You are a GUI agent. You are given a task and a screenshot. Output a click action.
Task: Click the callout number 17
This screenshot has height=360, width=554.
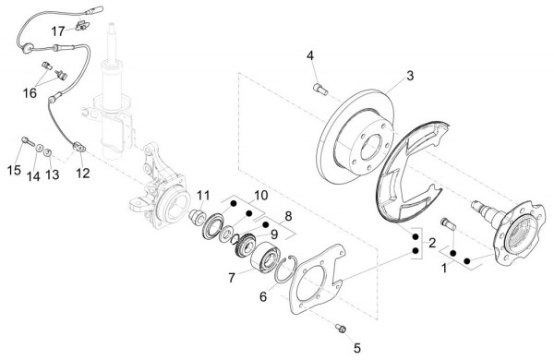58,31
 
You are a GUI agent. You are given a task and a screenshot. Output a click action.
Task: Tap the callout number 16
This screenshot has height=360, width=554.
30,93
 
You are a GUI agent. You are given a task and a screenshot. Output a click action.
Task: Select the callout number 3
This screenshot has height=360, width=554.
410,76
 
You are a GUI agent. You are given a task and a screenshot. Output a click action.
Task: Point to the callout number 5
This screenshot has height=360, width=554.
357,348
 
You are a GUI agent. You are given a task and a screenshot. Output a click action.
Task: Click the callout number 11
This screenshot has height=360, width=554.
203,195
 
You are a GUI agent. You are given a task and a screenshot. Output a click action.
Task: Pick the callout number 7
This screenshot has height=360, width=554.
232,278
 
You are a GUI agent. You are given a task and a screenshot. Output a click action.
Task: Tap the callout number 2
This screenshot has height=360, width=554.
432,243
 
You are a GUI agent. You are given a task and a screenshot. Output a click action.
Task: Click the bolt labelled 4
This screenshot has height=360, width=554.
320,89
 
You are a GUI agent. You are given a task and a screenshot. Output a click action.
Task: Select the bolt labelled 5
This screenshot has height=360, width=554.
341,329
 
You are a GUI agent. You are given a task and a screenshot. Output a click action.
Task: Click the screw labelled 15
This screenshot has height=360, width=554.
28,141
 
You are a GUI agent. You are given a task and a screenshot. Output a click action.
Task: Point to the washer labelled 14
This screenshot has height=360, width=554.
40,148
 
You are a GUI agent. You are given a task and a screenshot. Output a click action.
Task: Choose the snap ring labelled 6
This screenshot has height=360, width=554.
286,270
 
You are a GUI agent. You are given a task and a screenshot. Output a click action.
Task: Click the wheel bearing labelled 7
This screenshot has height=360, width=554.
265,258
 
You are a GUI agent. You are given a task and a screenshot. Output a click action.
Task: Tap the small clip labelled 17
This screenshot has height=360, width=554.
83,26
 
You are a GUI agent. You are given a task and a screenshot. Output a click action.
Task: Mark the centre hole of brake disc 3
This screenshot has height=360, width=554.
370,146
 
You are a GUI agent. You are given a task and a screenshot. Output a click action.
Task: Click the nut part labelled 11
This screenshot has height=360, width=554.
196,216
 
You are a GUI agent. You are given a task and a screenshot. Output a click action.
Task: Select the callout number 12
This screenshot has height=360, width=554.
83,174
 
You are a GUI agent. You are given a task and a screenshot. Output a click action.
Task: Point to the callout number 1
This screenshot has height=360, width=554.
444,269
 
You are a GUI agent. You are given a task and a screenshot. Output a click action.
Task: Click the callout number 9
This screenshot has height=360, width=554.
274,234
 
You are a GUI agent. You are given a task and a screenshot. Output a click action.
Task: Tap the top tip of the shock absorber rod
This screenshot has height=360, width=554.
112,24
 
